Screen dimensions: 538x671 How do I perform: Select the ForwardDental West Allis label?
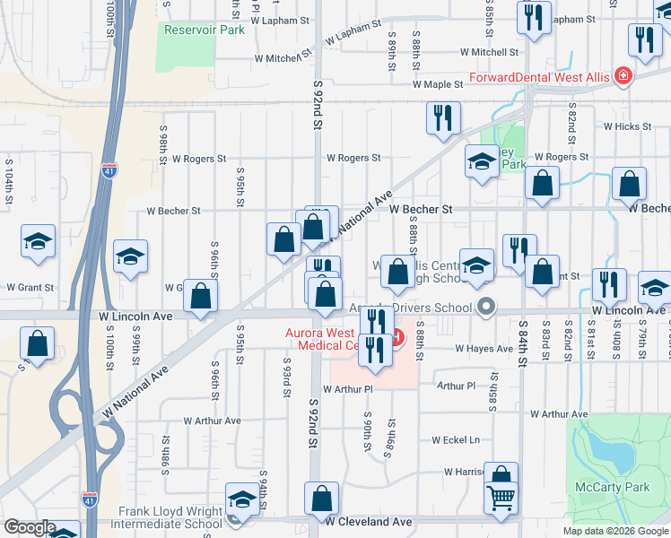click(539, 77)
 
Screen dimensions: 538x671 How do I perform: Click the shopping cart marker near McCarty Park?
click(501, 497)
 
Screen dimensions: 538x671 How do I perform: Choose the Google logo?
click(30, 527)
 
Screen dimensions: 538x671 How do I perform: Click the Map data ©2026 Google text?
click(614, 531)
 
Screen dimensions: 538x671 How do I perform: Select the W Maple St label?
click(437, 84)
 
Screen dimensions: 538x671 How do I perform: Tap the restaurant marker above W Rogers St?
click(443, 117)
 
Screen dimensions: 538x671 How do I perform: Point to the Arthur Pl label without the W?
click(457, 386)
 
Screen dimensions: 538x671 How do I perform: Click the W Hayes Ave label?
click(483, 348)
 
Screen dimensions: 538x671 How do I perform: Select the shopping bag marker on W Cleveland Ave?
click(321, 499)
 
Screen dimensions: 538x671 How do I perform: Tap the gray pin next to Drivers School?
click(486, 308)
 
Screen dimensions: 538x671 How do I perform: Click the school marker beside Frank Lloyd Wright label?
click(241, 500)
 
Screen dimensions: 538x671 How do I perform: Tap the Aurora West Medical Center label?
click(320, 339)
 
